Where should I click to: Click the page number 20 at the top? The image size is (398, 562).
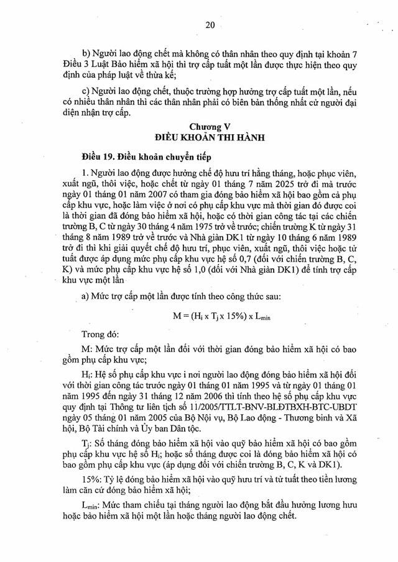click(210, 25)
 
